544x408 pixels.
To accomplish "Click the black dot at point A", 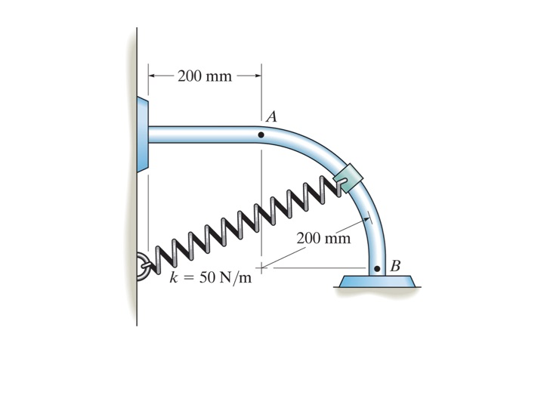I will (x=261, y=135).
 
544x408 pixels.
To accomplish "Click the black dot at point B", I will (x=377, y=268).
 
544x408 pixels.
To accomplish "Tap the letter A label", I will (x=271, y=117).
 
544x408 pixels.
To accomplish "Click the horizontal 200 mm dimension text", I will (x=205, y=76).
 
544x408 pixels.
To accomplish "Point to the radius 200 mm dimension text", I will (x=323, y=239).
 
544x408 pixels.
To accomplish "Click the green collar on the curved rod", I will (x=348, y=178).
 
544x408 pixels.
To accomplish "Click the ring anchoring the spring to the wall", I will (x=143, y=265).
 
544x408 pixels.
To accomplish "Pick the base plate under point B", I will (x=377, y=281).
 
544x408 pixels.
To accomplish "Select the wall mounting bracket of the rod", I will (x=143, y=134).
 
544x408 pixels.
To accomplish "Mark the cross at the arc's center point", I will (x=261, y=267).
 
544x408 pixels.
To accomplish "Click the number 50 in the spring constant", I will (x=206, y=277).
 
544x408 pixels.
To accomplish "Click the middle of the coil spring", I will (x=242, y=222).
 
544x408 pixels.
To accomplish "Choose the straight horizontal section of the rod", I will (x=204, y=135).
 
